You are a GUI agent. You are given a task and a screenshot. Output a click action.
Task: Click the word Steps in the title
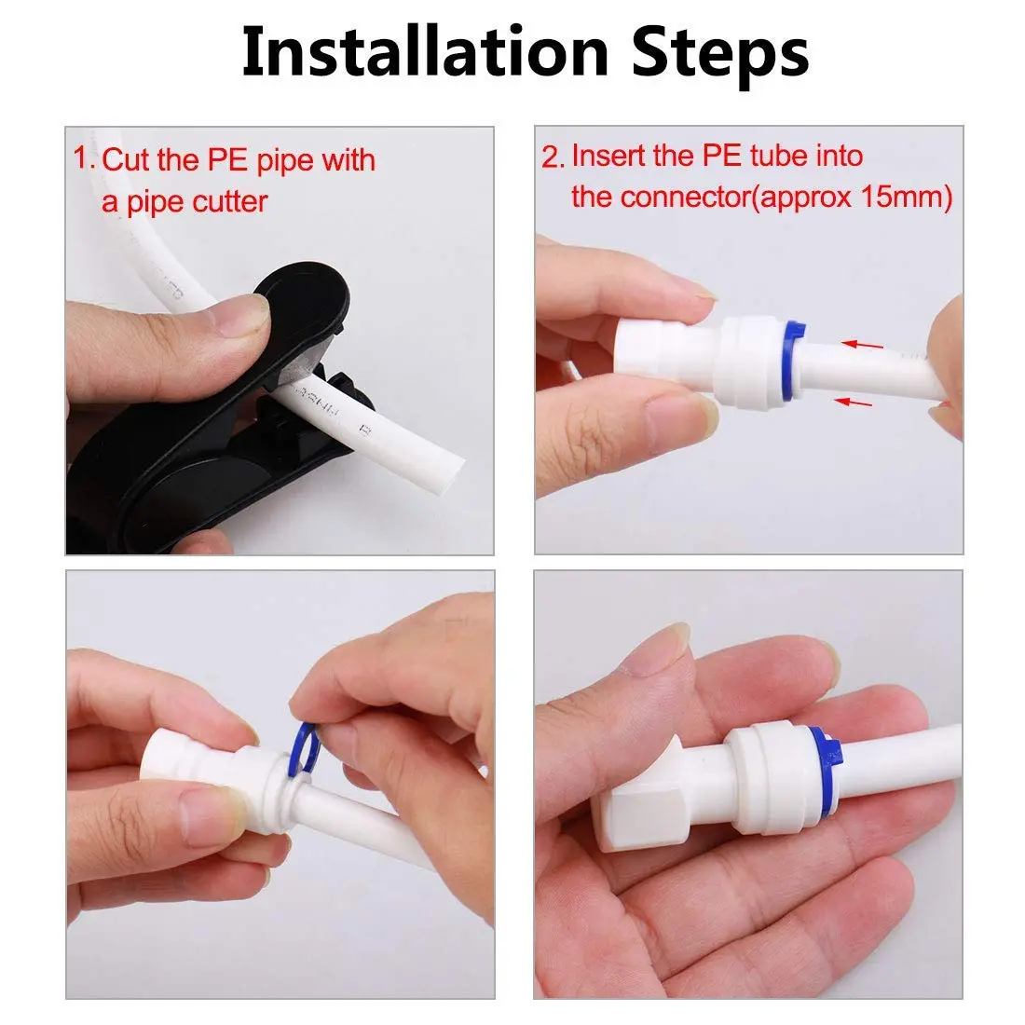[719, 53]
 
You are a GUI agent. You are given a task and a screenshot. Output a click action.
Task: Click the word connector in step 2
[680, 197]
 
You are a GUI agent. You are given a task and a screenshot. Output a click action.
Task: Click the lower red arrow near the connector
[857, 402]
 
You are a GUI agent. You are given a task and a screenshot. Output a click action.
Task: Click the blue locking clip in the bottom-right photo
[822, 759]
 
